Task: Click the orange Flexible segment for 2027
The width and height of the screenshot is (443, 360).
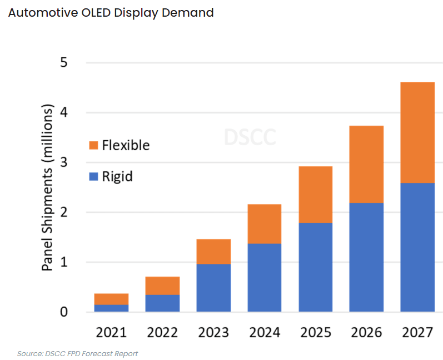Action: pos(417,132)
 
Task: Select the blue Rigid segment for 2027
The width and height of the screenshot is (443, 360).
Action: pos(417,247)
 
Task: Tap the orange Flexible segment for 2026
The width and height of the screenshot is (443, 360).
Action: pos(366,164)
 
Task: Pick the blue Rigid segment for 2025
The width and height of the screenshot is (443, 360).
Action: pos(315,267)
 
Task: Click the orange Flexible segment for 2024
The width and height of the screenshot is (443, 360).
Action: pos(264,224)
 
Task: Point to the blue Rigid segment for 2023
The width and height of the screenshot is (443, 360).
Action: pos(213,288)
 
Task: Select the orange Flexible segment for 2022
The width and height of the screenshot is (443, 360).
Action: pos(162,285)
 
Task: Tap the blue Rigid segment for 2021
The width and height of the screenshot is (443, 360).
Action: pos(111,308)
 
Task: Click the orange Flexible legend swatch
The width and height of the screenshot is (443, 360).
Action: pos(93,146)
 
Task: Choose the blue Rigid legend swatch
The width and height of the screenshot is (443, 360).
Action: pos(93,177)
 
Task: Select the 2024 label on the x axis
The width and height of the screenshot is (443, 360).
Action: pos(264,333)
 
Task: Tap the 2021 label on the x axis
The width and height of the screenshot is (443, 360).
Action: pos(111,333)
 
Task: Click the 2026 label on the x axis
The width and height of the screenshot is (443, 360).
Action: pos(366,333)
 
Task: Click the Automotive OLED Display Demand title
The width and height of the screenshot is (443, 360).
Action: pos(111,13)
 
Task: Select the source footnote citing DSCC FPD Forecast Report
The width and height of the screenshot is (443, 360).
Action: pos(77,353)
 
